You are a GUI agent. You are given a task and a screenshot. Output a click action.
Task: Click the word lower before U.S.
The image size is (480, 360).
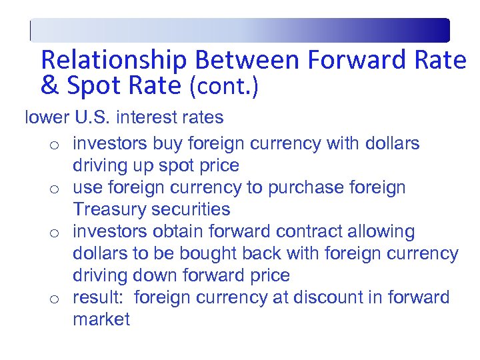point(47,118)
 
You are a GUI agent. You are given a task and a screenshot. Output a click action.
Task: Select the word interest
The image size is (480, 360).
point(141,118)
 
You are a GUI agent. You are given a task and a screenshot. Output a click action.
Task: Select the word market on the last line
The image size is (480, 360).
point(101,319)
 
